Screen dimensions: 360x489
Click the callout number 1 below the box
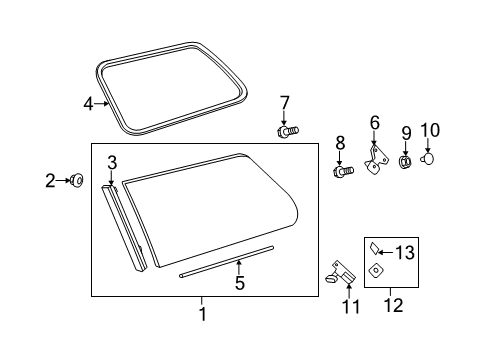pos(202,315)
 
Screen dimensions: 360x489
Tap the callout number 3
pos(113,162)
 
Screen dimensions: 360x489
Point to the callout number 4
pos(88,103)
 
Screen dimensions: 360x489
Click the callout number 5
pos(239,284)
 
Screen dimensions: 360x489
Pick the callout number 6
pos(375,123)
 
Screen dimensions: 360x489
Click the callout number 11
pos(348,307)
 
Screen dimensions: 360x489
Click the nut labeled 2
pos(76,181)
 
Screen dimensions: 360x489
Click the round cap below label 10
pos(427,157)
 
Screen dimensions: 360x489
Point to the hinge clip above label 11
pos(341,273)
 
